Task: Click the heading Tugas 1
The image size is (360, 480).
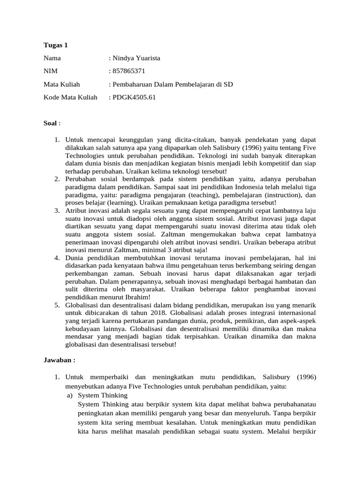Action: point(56,45)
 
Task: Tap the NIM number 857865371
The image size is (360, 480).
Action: point(128,71)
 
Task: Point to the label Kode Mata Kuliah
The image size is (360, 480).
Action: point(70,97)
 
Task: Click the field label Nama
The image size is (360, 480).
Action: point(52,58)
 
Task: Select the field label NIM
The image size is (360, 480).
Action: point(51,71)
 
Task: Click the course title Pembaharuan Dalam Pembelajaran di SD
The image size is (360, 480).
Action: point(172,84)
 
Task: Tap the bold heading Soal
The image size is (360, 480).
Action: point(50,123)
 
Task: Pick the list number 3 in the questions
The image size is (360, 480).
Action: point(56,211)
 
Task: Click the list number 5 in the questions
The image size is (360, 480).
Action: point(56,305)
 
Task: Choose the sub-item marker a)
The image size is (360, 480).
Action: point(69,395)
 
